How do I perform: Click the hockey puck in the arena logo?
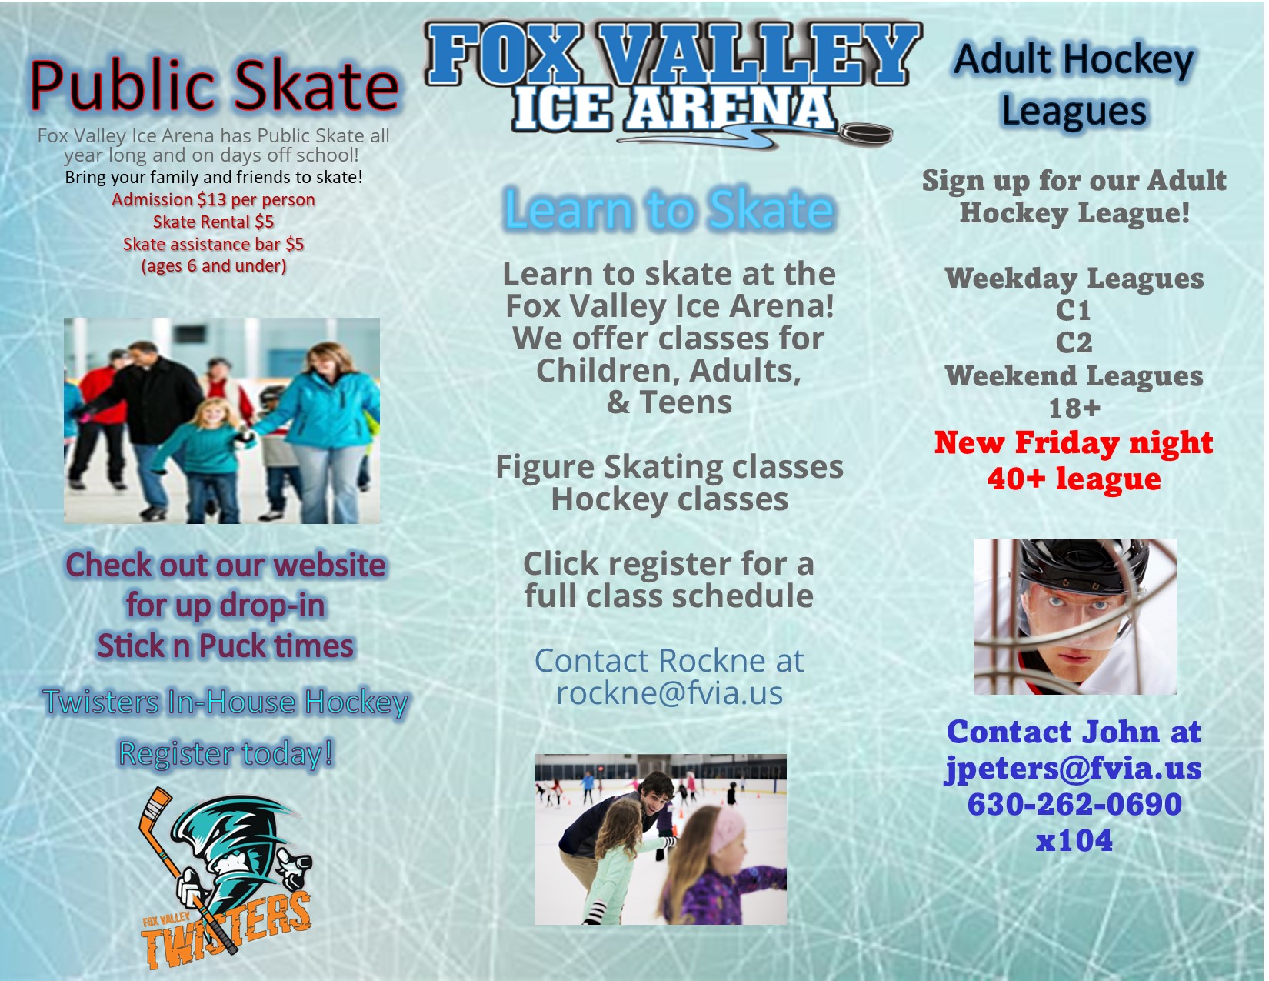865,134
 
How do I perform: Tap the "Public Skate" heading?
215,85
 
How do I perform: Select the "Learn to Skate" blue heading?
669,209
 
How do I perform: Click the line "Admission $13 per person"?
214,199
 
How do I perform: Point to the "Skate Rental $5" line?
214,222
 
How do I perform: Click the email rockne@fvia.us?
669,693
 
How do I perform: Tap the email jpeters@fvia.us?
1074,768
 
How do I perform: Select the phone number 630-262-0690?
1074,804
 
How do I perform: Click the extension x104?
1074,840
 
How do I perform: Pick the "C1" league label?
1074,310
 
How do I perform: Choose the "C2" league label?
1074,342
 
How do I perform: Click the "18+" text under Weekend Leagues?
1074,408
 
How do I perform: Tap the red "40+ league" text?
1074,479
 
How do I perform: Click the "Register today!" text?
226,753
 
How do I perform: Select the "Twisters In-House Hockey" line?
225,702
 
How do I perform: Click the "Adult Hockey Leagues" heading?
1074,85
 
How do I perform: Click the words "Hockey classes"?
669,499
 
